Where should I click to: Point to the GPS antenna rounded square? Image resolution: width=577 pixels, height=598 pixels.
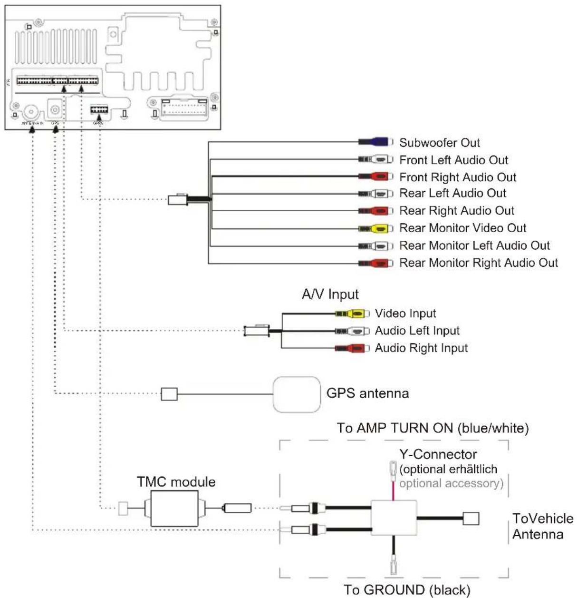[x=297, y=394]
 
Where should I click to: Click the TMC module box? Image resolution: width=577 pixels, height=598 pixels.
[x=174, y=509]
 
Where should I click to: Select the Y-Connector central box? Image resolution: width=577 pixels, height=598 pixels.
[x=394, y=518]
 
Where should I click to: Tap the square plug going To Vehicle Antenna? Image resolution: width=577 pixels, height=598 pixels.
[x=471, y=518]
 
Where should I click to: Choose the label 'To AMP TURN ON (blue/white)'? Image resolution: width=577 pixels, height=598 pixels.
[x=433, y=428]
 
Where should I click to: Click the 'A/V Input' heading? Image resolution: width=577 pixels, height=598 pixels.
[x=330, y=294]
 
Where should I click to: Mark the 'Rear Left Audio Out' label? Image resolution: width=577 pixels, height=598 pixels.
[x=452, y=193]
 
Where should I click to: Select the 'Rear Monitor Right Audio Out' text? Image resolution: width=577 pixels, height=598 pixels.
[x=478, y=263]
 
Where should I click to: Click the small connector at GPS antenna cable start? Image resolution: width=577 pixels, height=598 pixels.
[x=169, y=394]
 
